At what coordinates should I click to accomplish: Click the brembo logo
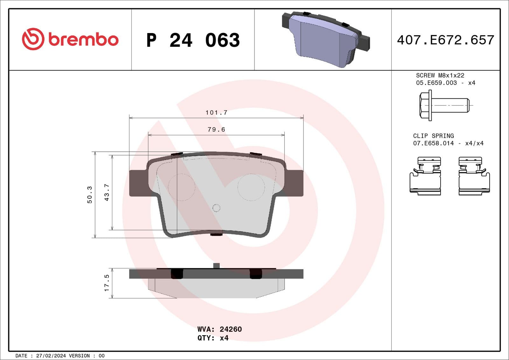(70, 39)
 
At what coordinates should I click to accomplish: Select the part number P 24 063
(193, 40)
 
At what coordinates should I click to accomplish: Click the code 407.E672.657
(445, 40)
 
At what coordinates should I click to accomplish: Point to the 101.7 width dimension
(216, 113)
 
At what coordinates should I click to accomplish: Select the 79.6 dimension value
(216, 129)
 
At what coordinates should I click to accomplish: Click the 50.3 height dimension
(90, 195)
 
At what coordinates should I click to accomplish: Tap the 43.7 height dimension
(107, 192)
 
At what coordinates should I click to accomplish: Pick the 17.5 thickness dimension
(107, 283)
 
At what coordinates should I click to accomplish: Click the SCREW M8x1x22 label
(440, 75)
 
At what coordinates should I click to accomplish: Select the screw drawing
(444, 105)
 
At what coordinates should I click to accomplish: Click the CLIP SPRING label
(433, 136)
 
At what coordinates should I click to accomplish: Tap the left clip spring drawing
(425, 176)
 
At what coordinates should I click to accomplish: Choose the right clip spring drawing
(474, 176)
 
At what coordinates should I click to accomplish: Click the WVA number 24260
(231, 329)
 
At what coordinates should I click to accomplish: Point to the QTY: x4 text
(213, 338)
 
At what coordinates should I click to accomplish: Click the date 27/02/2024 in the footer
(51, 356)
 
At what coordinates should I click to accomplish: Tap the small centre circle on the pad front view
(216, 208)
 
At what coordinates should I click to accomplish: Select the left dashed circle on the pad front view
(181, 187)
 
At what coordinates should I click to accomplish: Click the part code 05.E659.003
(436, 83)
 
